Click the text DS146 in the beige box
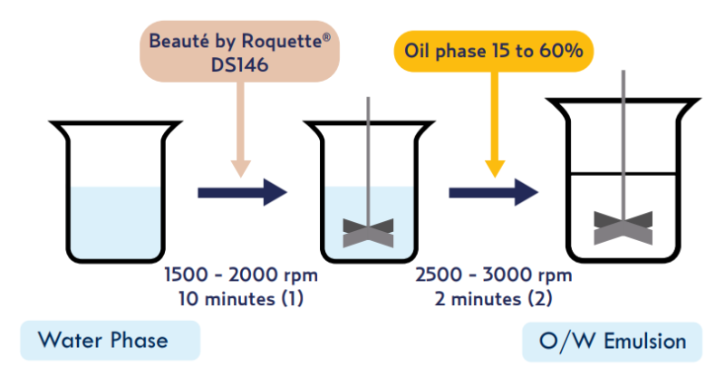click(x=239, y=64)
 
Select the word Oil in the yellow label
click(x=417, y=51)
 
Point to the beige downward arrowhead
click(x=240, y=169)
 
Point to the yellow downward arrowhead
click(x=495, y=169)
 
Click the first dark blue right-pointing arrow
click(x=242, y=192)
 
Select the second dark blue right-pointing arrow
click(x=493, y=192)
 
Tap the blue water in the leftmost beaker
click(x=116, y=221)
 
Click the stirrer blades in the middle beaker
click(x=368, y=233)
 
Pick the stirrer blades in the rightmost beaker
click(x=623, y=228)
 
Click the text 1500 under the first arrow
click(x=187, y=275)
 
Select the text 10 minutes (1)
click(x=241, y=299)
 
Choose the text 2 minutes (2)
click(x=493, y=299)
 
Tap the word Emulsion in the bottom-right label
click(x=645, y=342)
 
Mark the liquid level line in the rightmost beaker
click(x=623, y=174)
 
